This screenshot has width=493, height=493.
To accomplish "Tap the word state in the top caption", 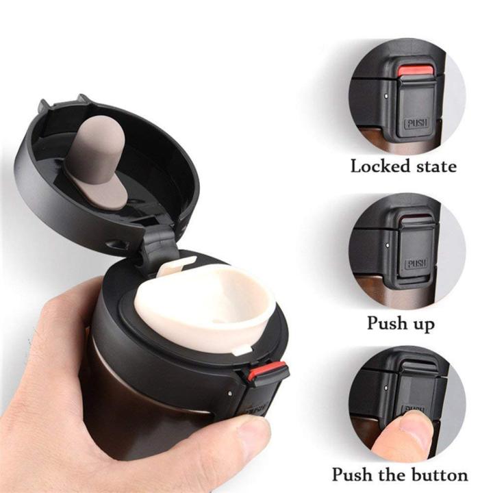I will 433,166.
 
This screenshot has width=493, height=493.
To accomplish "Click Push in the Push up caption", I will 388,322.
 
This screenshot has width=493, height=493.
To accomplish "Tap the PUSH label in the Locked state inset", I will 416,123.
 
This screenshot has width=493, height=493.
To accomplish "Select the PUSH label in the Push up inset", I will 416,264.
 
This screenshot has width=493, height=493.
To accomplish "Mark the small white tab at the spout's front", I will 240,351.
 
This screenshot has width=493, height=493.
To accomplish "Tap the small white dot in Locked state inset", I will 388,97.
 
